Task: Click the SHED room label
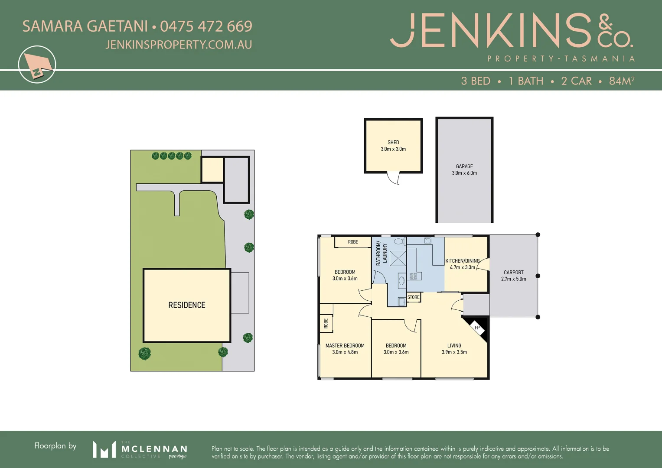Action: (393, 142)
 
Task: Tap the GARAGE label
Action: (464, 166)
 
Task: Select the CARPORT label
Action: (514, 273)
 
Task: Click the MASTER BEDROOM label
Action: (345, 346)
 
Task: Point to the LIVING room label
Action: (454, 346)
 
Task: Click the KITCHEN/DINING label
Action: (463, 261)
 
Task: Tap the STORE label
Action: (413, 297)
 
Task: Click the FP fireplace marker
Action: (477, 328)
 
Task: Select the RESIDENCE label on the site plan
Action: (187, 305)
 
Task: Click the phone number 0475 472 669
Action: (206, 26)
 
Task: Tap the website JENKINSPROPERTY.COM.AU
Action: (179, 45)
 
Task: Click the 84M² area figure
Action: (622, 81)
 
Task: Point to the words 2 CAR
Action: (576, 81)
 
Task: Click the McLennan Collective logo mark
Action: (104, 449)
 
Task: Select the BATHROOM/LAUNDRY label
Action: (381, 253)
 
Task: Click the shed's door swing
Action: (394, 178)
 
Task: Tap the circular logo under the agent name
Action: (37, 65)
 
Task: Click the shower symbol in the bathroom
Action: (398, 258)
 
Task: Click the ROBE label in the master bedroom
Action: (326, 323)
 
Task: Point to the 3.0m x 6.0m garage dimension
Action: (464, 173)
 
